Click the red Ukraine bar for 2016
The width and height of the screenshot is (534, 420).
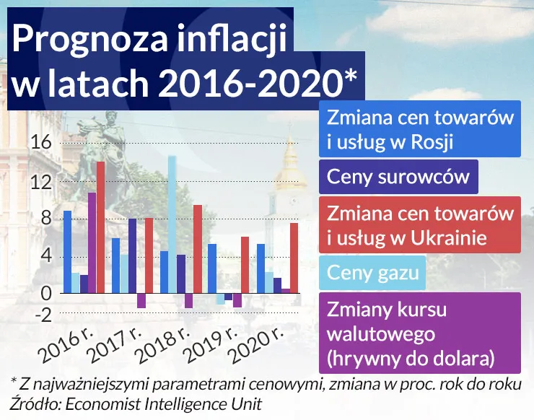[100, 227]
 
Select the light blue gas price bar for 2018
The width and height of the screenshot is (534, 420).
[172, 224]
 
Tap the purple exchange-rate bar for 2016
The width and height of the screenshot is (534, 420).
[92, 242]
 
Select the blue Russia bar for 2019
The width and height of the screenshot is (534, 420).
[212, 268]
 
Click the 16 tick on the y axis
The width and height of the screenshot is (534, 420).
[42, 143]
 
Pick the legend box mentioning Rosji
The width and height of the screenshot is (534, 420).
[420, 129]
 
